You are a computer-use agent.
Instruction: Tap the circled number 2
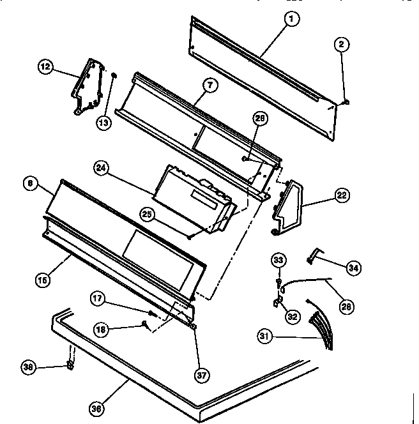point(341,44)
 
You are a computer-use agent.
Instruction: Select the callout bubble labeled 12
point(46,66)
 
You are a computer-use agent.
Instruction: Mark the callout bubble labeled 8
point(29,183)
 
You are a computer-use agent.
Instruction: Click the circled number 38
point(27,367)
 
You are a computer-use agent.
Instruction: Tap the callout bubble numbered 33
point(278,260)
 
